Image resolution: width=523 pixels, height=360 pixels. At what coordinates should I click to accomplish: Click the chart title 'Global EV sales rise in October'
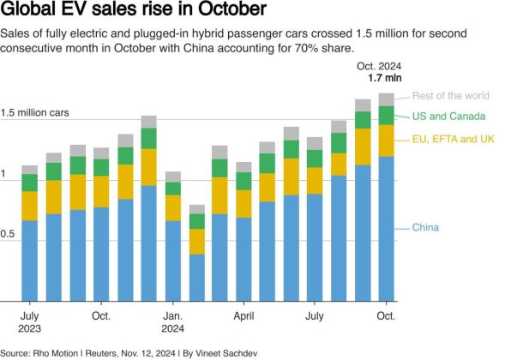(x=132, y=12)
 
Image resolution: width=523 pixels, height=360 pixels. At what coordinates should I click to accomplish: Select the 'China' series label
(x=426, y=227)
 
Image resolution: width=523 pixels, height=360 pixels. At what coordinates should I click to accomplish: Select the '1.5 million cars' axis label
(x=34, y=112)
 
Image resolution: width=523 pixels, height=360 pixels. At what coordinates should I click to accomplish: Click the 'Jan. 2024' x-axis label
(x=173, y=321)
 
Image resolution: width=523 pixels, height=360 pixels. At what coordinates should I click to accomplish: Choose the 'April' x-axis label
(x=243, y=315)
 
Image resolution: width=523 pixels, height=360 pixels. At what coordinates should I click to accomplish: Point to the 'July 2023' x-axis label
(x=29, y=321)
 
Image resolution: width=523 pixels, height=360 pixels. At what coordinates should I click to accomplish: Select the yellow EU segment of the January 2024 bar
(x=173, y=207)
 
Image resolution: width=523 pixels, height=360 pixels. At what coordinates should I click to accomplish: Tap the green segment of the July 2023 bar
(x=30, y=183)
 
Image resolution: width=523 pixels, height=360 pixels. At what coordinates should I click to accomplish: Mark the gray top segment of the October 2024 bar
(x=386, y=99)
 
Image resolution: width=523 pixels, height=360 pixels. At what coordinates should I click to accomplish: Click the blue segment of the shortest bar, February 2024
(x=196, y=278)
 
